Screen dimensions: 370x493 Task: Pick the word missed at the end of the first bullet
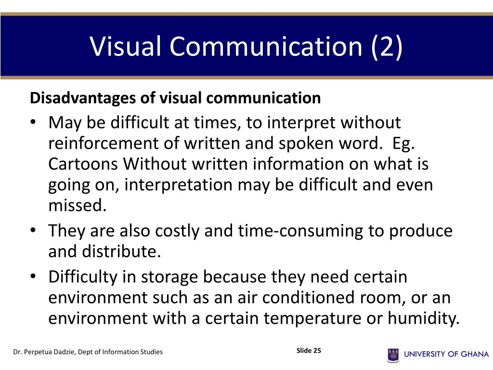[x=77, y=206]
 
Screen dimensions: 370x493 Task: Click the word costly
[x=178, y=231]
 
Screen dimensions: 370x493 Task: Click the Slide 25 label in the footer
[x=309, y=351]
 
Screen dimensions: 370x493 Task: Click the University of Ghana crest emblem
[x=393, y=355]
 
